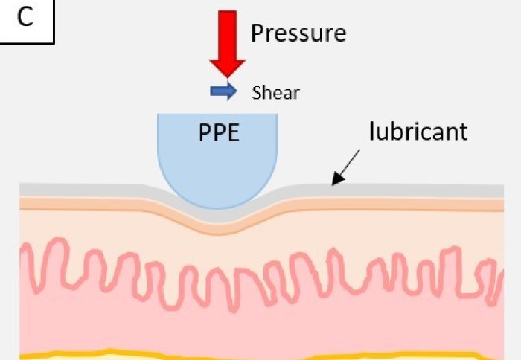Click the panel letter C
click(26, 18)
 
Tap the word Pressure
click(298, 33)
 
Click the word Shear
click(275, 92)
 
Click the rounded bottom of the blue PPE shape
click(217, 199)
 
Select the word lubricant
click(418, 132)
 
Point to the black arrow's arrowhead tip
click(333, 183)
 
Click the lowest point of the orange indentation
click(217, 225)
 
